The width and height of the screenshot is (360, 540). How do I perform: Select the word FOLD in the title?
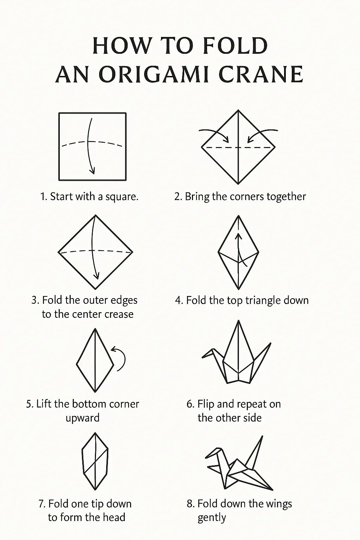click(235, 46)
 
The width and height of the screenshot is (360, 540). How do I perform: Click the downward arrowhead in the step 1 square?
click(92, 171)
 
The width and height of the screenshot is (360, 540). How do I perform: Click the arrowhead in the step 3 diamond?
click(97, 276)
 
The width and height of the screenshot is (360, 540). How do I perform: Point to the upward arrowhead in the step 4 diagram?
click(238, 236)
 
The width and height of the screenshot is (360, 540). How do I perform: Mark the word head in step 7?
click(115, 517)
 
